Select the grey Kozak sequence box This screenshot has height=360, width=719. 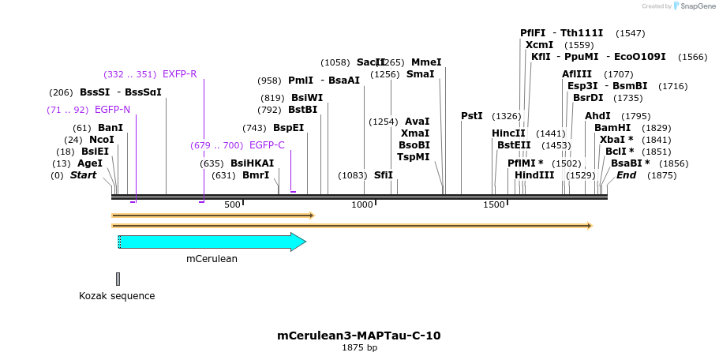tap(118, 279)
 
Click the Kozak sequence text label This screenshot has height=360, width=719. tap(117, 296)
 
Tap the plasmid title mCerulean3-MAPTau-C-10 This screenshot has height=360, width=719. tap(359, 336)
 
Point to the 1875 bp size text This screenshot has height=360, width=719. tap(359, 347)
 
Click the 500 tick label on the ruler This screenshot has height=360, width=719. tap(232, 205)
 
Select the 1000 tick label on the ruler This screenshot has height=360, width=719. tap(362, 205)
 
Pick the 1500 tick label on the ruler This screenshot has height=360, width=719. tap(494, 205)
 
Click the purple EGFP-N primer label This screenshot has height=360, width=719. tap(112, 110)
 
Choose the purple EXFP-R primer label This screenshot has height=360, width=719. tap(179, 74)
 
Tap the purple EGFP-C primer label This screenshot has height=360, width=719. tap(267, 145)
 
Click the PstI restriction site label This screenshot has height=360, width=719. tap(472, 116)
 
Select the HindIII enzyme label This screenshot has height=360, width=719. tap(534, 175)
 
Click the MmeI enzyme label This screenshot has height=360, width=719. tap(426, 62)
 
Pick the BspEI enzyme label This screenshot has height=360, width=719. tap(288, 128)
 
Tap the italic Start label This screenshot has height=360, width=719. tap(83, 175)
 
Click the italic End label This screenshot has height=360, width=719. tap(626, 175)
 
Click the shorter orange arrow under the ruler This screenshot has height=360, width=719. tap(213, 215)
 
